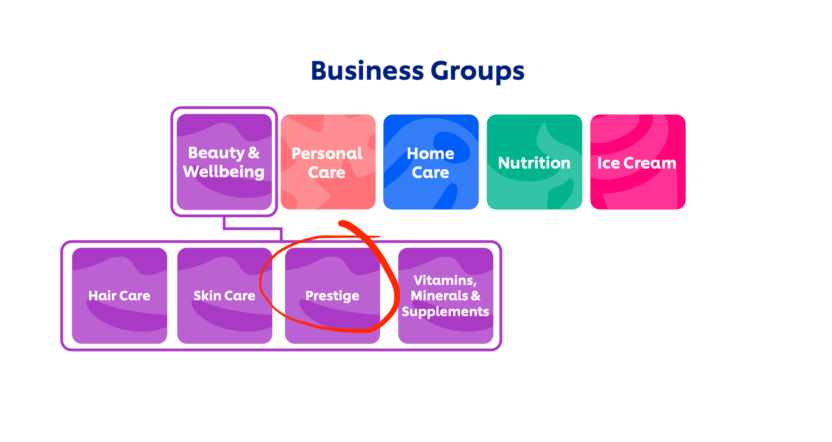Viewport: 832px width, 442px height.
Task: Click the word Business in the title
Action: tap(367, 71)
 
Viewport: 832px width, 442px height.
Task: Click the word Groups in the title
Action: tap(477, 72)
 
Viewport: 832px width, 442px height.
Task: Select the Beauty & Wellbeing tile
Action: tap(224, 162)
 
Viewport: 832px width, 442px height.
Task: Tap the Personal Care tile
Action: tap(328, 162)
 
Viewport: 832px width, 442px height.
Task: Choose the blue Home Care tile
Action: tap(431, 162)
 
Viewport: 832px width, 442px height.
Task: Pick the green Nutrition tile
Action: tap(534, 162)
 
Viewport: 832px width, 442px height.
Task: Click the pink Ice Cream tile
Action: tap(637, 162)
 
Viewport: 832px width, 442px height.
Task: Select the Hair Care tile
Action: tap(119, 296)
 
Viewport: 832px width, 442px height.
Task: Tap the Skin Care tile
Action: tap(224, 296)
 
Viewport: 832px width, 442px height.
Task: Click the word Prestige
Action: tap(332, 296)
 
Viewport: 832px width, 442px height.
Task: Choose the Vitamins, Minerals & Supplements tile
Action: tap(446, 296)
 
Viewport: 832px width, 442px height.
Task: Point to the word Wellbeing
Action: tap(224, 172)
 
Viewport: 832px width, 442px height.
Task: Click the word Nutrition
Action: tap(534, 163)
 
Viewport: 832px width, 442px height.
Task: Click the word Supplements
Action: tap(445, 312)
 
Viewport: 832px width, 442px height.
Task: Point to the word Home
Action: tap(430, 153)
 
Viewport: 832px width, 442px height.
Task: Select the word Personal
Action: tap(327, 154)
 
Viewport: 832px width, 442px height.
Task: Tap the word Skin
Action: tap(207, 296)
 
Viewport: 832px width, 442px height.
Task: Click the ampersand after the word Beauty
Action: tap(254, 153)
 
